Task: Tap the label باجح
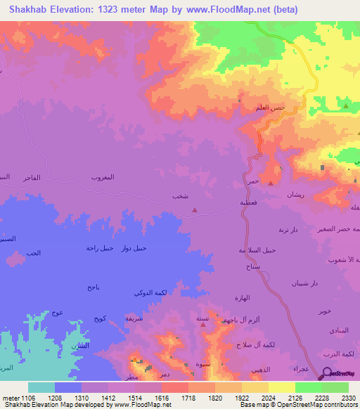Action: [94, 287]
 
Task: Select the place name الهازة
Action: [242, 298]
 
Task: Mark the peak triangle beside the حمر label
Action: [271, 169]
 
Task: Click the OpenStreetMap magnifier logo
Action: [326, 375]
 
